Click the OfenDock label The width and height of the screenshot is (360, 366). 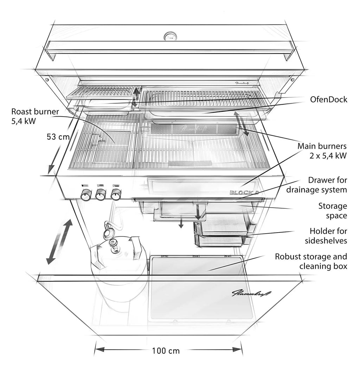tap(328, 99)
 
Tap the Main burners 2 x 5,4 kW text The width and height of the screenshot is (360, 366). tap(322, 151)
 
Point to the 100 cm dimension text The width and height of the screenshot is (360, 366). tap(166, 351)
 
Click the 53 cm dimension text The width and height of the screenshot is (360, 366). tap(58, 137)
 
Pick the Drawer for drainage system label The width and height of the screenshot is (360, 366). tap(316, 185)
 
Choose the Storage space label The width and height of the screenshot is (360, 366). tap(332, 211)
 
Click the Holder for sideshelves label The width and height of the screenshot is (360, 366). tap(328, 236)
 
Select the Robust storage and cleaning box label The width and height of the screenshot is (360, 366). tap(311, 261)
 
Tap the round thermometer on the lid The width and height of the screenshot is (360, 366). tap(170, 36)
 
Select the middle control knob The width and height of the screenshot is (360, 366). tap(101, 194)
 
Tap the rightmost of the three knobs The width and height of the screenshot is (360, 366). tap(116, 194)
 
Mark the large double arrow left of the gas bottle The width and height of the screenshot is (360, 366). tap(59, 242)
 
